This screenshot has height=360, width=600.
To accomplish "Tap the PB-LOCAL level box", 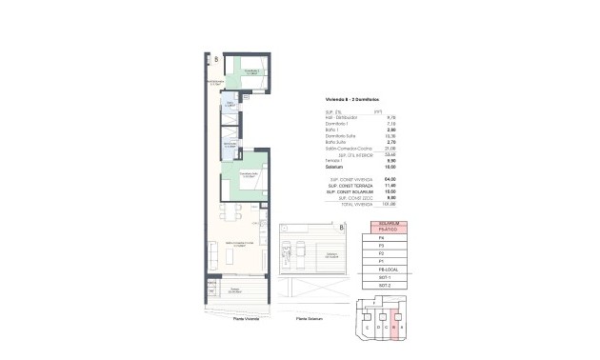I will click(x=388, y=270).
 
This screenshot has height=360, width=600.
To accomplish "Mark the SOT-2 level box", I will click(x=388, y=285).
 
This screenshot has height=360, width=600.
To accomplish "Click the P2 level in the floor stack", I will click(x=388, y=254).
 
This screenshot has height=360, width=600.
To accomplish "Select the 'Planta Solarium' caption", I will click(x=310, y=318).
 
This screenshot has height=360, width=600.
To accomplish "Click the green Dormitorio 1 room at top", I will click(x=250, y=73).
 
